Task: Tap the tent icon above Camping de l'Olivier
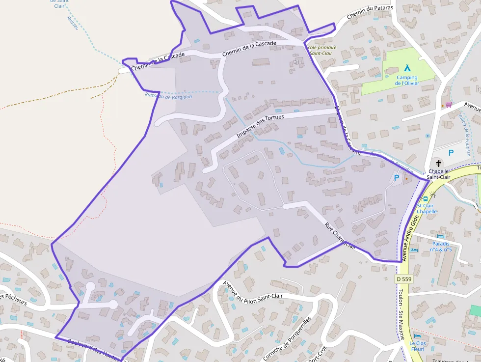tap(407, 68)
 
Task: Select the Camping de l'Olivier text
tap(407, 80)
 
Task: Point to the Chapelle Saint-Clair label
tap(438, 174)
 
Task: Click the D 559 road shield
tap(403, 279)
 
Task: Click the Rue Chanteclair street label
tap(341, 236)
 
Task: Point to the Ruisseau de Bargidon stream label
tap(168, 96)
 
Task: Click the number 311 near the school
tap(298, 62)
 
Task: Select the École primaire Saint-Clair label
tap(321, 50)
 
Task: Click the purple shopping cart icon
tap(448, 104)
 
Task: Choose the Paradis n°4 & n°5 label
tap(441, 246)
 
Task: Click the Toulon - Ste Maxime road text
tap(400, 314)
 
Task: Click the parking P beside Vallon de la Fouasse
tap(451, 153)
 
